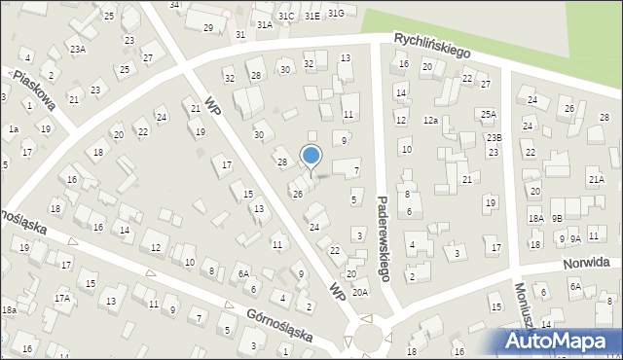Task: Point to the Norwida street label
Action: (x=591, y=263)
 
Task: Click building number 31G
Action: (x=336, y=13)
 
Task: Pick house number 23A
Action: (x=78, y=49)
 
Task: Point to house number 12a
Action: (x=430, y=120)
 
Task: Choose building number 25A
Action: (x=489, y=114)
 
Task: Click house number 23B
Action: (x=495, y=138)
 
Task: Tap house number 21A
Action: (x=596, y=180)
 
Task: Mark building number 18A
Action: (x=535, y=219)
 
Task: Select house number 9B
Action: (x=557, y=219)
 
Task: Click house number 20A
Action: (x=360, y=291)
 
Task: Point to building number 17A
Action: (x=62, y=298)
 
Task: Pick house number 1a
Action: (x=14, y=128)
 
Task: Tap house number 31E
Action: (x=311, y=16)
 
